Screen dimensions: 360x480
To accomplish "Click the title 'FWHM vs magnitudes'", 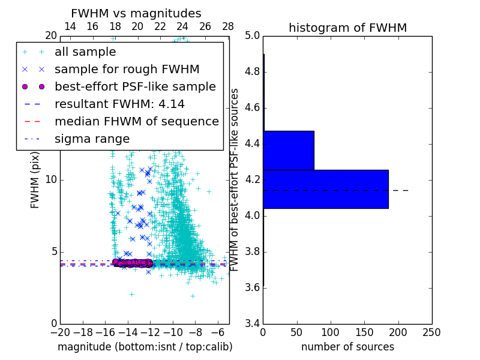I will tap(136, 13).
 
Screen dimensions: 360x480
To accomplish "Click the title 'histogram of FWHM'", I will tap(347, 28).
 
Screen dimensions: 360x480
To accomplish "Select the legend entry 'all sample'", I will tap(85, 52).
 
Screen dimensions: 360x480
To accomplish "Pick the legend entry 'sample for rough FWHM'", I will tap(127, 69).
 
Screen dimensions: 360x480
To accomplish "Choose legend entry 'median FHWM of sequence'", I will tap(136, 121).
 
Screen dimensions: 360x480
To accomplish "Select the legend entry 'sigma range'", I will tap(92, 139).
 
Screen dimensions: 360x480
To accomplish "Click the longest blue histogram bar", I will tap(326, 189).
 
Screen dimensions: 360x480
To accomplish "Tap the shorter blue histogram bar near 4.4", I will tap(289, 150).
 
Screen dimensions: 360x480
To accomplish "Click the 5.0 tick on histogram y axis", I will tap(253, 35).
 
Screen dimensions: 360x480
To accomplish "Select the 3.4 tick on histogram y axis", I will tap(253, 323).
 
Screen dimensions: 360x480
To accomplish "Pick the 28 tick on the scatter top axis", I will tap(228, 26).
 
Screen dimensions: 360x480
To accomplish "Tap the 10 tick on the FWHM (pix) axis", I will tap(52, 179).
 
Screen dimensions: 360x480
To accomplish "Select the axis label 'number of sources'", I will tap(347, 347).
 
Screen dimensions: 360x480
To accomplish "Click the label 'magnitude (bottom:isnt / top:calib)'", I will tap(145, 347).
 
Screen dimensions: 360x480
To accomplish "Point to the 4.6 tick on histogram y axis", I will tap(253, 107).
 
